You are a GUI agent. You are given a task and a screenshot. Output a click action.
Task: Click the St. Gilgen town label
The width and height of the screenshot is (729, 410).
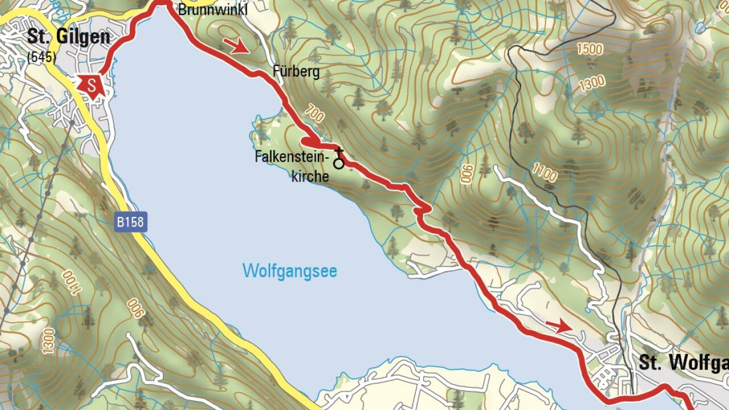(x=68, y=37)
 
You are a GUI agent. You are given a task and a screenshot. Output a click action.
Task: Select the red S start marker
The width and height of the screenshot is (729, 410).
(x=91, y=86)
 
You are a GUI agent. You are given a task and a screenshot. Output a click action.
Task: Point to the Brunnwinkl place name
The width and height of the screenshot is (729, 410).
(x=213, y=10)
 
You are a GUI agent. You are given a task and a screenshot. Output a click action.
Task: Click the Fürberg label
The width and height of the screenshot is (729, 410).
(x=296, y=72)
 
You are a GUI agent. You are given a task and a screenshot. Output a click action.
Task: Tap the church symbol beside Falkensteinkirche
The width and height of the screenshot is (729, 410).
(x=339, y=159)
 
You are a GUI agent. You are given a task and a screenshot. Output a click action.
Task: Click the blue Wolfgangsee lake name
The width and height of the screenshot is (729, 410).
(x=289, y=270)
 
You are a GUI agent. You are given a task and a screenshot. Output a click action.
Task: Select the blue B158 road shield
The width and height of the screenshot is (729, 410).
(x=130, y=222)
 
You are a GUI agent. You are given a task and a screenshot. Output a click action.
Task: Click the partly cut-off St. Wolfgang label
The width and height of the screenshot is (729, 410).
(x=683, y=362)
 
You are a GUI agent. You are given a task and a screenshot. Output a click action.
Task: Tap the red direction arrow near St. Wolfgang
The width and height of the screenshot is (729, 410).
(x=559, y=326)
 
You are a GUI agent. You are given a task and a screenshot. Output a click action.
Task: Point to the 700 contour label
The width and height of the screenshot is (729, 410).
(x=314, y=114)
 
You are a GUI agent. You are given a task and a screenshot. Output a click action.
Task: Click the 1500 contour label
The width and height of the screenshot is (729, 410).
(x=589, y=49)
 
